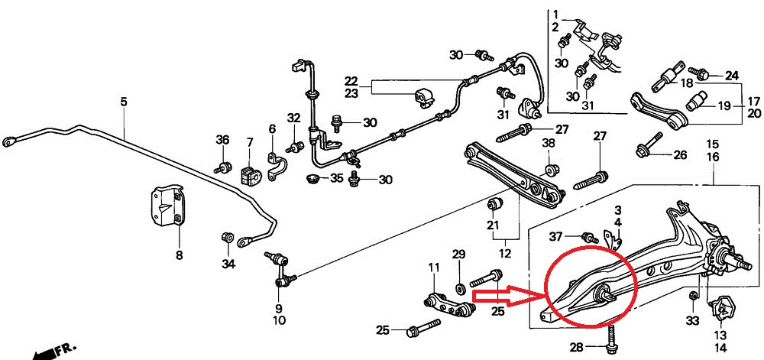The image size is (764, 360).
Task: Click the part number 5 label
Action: pos(124,102)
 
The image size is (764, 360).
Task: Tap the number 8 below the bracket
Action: pos(180,255)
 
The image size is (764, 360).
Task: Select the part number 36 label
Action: pos(222,140)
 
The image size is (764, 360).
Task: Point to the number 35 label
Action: pos(337,178)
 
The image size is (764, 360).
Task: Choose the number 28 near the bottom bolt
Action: pos(576,347)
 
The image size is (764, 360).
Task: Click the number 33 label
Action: pos(692,320)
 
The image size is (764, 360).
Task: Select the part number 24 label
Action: pos(731,76)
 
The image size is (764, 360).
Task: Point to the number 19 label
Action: pos(724,105)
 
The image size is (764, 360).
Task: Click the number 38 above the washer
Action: pos(549,143)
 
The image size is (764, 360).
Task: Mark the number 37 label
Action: pos(556,237)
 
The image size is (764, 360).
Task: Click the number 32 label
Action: pos(294,118)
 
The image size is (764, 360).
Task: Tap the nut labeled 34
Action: pos(226,238)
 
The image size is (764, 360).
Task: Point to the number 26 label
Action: pos(680,155)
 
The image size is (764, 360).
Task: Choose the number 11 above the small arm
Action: pos(434,268)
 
